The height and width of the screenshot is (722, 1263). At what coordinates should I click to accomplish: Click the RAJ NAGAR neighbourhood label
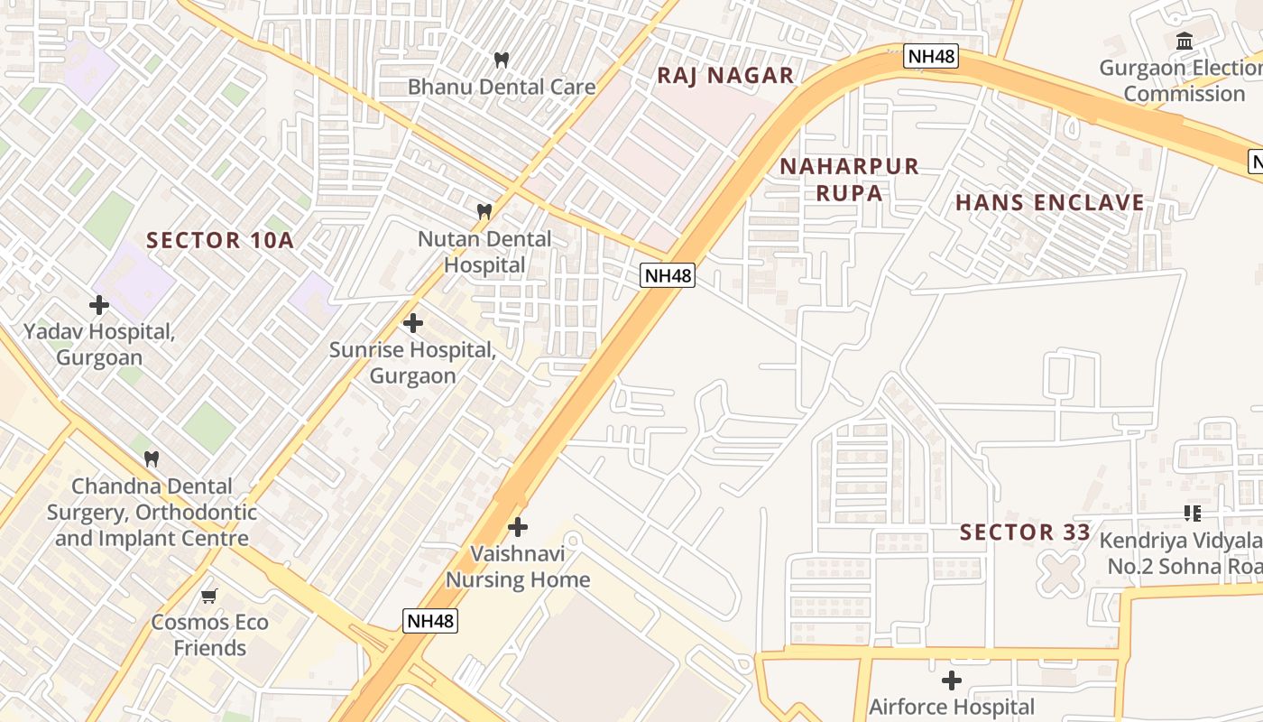pos(725,75)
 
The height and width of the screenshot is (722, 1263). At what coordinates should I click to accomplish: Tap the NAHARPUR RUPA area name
pos(849,179)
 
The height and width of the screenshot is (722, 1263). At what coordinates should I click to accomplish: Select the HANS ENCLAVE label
pos(1050,202)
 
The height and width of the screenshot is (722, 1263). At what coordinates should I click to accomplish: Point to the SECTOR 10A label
pos(220,240)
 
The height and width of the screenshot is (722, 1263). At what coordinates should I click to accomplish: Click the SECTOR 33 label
pos(1025,532)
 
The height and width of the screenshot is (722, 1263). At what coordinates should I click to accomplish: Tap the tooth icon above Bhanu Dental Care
pos(502,60)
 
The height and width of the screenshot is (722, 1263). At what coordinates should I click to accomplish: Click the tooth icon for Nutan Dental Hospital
pos(484,211)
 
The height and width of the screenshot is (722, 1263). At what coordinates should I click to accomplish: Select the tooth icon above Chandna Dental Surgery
pos(152,458)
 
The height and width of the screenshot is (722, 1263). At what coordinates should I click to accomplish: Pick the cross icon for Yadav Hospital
pos(99,305)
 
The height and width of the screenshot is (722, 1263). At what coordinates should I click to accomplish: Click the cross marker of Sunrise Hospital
pos(413,323)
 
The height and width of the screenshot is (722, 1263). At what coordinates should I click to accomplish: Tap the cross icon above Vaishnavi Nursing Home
pos(518,527)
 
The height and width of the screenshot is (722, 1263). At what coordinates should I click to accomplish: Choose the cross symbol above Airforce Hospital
pos(952,680)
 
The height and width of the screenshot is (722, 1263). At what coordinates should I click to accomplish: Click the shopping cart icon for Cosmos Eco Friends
pos(209,596)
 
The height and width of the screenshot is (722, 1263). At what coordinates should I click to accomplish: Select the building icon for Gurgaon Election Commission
pos(1185,41)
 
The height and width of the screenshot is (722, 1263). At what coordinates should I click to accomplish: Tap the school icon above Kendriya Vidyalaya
pos(1193,514)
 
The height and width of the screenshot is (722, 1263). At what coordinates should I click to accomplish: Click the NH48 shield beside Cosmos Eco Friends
pos(430,620)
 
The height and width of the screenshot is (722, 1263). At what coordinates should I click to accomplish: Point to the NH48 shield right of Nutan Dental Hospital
pos(668,275)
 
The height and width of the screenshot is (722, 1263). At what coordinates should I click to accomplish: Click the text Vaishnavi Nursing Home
pos(518,566)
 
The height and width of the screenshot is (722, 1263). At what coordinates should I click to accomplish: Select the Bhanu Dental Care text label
pos(502,87)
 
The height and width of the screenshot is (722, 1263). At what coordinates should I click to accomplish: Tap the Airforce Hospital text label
pos(952,707)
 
